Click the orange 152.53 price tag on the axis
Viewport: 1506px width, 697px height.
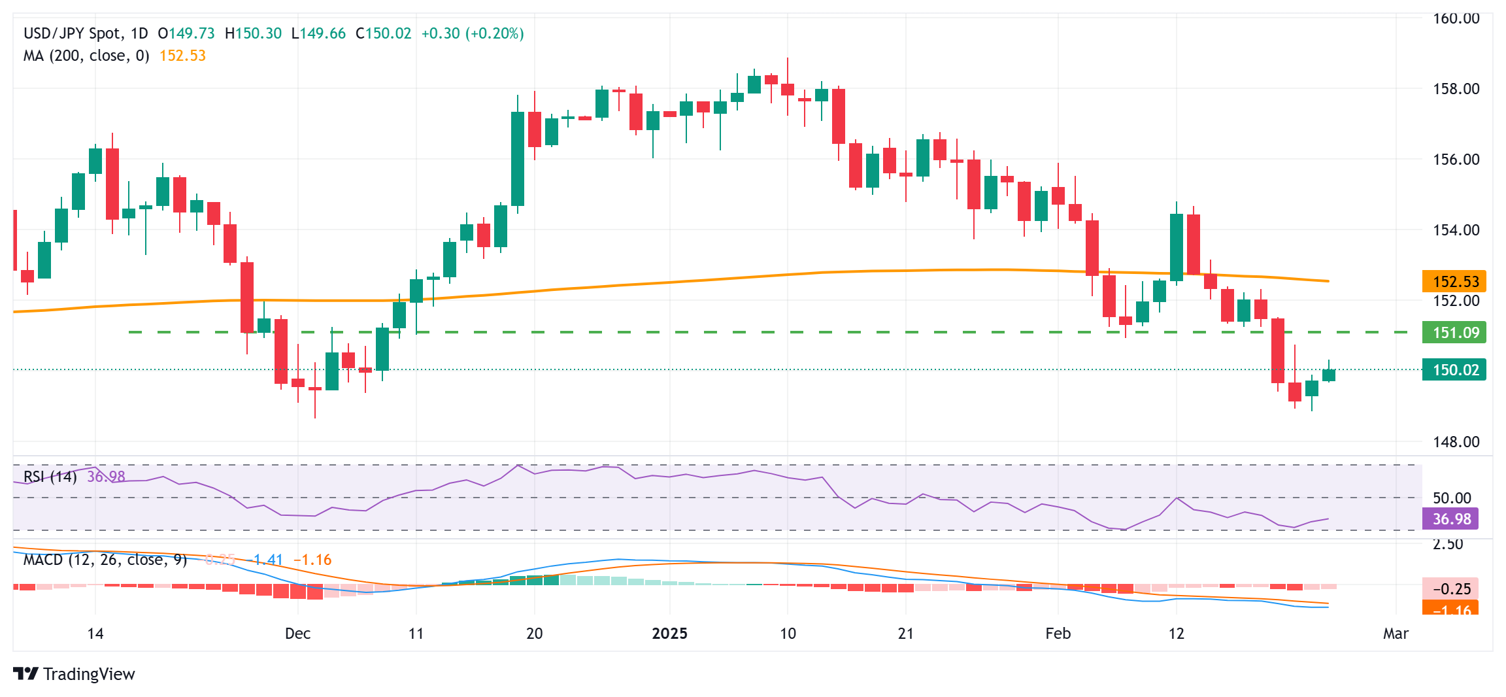pyautogui.click(x=1454, y=282)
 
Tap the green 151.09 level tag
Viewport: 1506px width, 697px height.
pyautogui.click(x=1454, y=333)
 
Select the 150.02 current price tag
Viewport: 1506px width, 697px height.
pyautogui.click(x=1454, y=370)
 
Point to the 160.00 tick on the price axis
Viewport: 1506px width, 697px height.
pyautogui.click(x=1456, y=18)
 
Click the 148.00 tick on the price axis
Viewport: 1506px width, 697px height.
pyautogui.click(x=1456, y=442)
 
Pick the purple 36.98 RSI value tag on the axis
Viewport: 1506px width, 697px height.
pyautogui.click(x=1451, y=519)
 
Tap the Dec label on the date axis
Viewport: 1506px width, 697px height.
pyautogui.click(x=297, y=634)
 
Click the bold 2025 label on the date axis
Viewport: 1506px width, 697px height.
pyautogui.click(x=670, y=634)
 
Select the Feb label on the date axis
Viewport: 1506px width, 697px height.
pyautogui.click(x=1058, y=634)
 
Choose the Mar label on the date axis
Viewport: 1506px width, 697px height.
pyautogui.click(x=1396, y=634)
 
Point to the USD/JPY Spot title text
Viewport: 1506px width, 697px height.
pyautogui.click(x=72, y=33)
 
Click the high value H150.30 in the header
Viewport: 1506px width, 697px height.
pyautogui.click(x=253, y=33)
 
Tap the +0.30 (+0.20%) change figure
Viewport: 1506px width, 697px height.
pyautogui.click(x=472, y=33)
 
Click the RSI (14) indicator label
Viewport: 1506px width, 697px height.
pyautogui.click(x=50, y=477)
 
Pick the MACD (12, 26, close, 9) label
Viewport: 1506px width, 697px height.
pyautogui.click(x=105, y=560)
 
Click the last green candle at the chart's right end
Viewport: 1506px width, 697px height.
pyautogui.click(x=1329, y=375)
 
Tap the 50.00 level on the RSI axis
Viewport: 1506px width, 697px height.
pyautogui.click(x=1452, y=498)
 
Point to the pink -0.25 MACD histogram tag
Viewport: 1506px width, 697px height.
pyautogui.click(x=1451, y=588)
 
